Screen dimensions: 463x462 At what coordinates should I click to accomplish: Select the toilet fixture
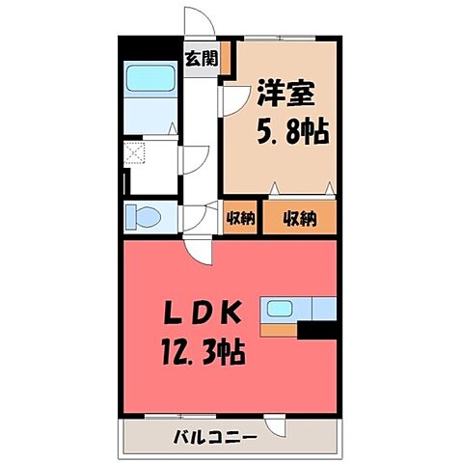(x=144, y=217)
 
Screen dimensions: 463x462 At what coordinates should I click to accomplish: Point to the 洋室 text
(x=285, y=95)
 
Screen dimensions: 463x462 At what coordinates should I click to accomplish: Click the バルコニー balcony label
(x=216, y=437)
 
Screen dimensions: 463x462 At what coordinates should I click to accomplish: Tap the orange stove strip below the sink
(x=281, y=329)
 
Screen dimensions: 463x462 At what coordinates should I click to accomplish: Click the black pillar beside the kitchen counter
(x=317, y=330)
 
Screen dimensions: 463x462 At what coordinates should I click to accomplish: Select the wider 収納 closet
(x=299, y=218)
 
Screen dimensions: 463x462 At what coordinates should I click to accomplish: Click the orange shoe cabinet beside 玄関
(x=224, y=57)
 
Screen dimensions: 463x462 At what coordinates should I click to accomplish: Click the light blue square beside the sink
(x=324, y=310)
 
